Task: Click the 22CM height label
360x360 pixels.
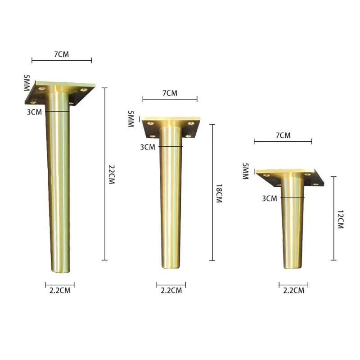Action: pos(111,174)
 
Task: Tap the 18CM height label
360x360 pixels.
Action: pos(219,193)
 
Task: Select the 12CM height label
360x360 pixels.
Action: pos(341,219)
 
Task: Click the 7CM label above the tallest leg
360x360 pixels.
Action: pos(62,54)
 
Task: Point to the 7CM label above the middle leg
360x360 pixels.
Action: pos(170,93)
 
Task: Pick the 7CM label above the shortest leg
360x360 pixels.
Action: pos(283,135)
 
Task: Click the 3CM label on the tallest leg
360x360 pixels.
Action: pos(35,112)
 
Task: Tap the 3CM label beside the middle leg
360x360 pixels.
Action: pos(148,147)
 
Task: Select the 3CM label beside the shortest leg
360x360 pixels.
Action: pos(270,198)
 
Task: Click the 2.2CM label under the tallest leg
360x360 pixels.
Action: pos(60,290)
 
